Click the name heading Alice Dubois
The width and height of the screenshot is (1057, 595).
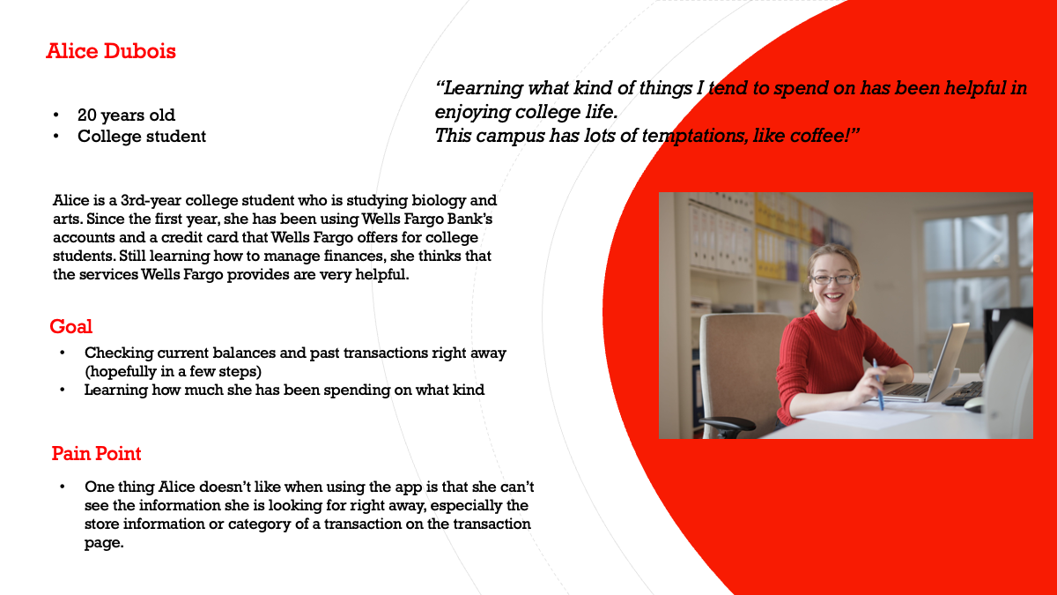(111, 51)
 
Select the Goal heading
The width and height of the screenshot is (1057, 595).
(70, 326)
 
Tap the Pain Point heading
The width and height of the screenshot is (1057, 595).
(96, 453)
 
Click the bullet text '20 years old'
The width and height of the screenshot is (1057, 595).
(126, 115)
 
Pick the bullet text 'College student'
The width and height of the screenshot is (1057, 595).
(142, 136)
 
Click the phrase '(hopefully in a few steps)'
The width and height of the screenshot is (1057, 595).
(173, 371)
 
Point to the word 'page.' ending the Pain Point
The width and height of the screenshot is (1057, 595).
(104, 543)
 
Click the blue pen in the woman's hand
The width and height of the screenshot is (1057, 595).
(878, 384)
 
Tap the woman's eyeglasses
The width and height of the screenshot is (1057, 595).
(833, 279)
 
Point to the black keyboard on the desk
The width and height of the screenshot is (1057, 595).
(963, 394)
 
